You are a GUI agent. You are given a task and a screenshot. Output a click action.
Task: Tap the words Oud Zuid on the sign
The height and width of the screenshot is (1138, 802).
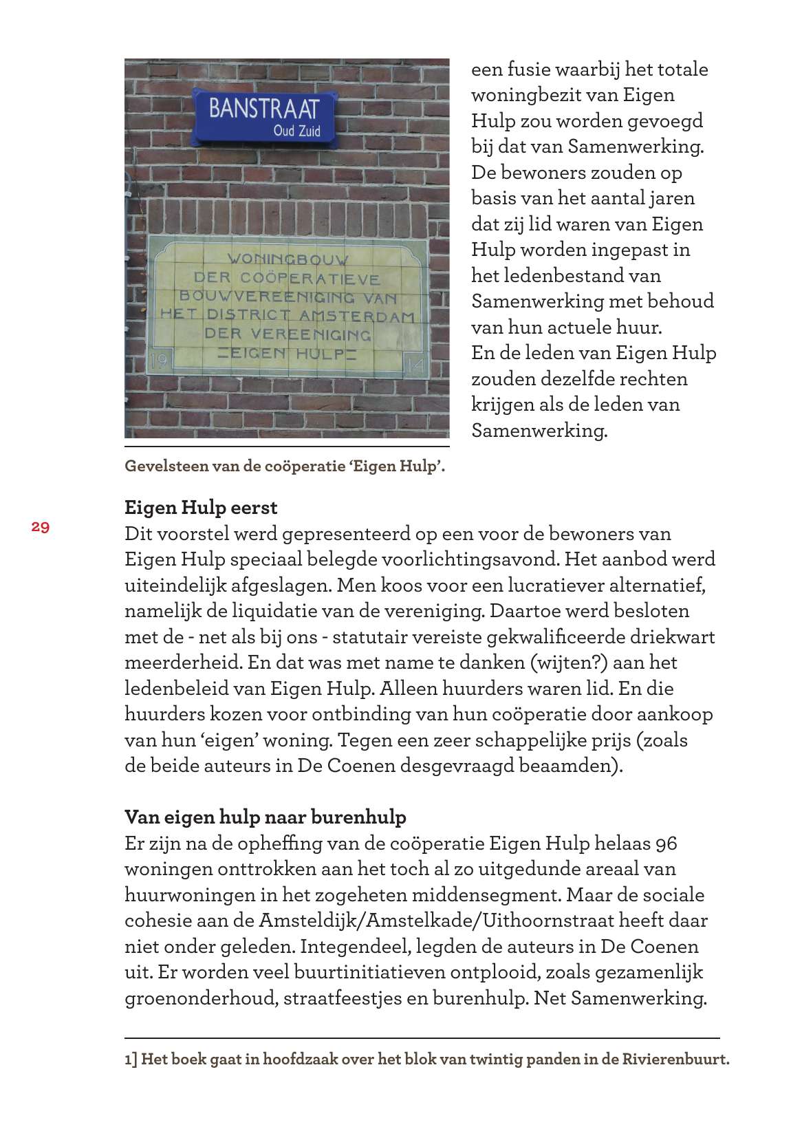[296, 131]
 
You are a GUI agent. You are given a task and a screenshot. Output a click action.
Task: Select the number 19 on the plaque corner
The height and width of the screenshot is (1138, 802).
[159, 361]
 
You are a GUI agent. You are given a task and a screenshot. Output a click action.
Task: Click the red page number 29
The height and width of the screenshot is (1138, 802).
[40, 527]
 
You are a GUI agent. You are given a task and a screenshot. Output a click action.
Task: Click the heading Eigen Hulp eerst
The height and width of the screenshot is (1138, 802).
[201, 508]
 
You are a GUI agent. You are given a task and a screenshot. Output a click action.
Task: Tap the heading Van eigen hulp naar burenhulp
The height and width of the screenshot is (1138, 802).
[265, 817]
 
